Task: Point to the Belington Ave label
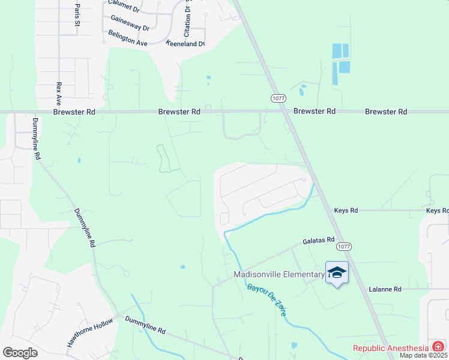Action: point(128,38)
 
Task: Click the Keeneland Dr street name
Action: point(185,44)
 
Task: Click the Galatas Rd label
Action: point(318,240)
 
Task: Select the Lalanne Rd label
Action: point(385,289)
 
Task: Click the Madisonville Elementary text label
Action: point(278,275)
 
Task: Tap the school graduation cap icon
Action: point(337,272)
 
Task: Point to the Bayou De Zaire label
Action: point(268,298)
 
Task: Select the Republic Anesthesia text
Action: point(391,347)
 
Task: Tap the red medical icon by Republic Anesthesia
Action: point(438,346)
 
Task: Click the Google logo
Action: point(20,352)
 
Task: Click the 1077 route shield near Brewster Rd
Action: point(278,98)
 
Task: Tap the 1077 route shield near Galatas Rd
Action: point(344,247)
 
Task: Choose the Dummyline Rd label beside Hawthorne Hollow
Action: point(145,329)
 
